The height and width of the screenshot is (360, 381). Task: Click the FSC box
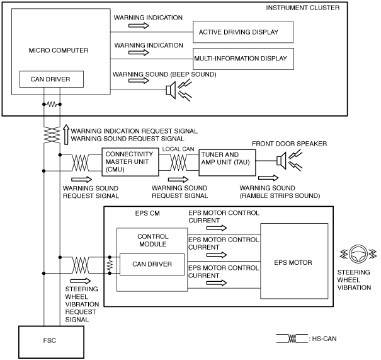51,342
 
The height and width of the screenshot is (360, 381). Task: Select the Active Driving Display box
243,32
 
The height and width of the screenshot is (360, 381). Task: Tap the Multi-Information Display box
243,59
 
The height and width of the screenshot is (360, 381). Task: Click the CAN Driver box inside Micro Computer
52,79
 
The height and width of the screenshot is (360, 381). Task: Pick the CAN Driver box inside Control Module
152,264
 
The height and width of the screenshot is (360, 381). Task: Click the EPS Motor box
294,261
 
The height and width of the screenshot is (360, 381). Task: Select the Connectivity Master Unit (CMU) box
130,162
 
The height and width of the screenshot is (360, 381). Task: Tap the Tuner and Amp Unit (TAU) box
227,162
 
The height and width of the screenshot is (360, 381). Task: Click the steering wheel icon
358,254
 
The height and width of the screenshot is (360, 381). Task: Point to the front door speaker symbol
289,161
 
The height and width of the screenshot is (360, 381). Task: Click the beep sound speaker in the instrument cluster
179,90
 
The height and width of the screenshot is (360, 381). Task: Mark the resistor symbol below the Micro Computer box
52,105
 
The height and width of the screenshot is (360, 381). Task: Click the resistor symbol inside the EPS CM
110,265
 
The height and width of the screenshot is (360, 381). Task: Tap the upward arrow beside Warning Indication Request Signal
66,134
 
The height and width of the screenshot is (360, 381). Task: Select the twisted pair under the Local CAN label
178,163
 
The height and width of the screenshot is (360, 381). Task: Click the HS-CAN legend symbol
292,339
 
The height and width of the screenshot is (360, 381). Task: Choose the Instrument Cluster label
302,8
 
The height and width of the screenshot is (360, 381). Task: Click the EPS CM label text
147,213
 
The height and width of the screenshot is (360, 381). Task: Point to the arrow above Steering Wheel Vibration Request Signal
81,281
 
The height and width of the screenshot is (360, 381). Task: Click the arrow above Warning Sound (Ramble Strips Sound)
268,178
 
